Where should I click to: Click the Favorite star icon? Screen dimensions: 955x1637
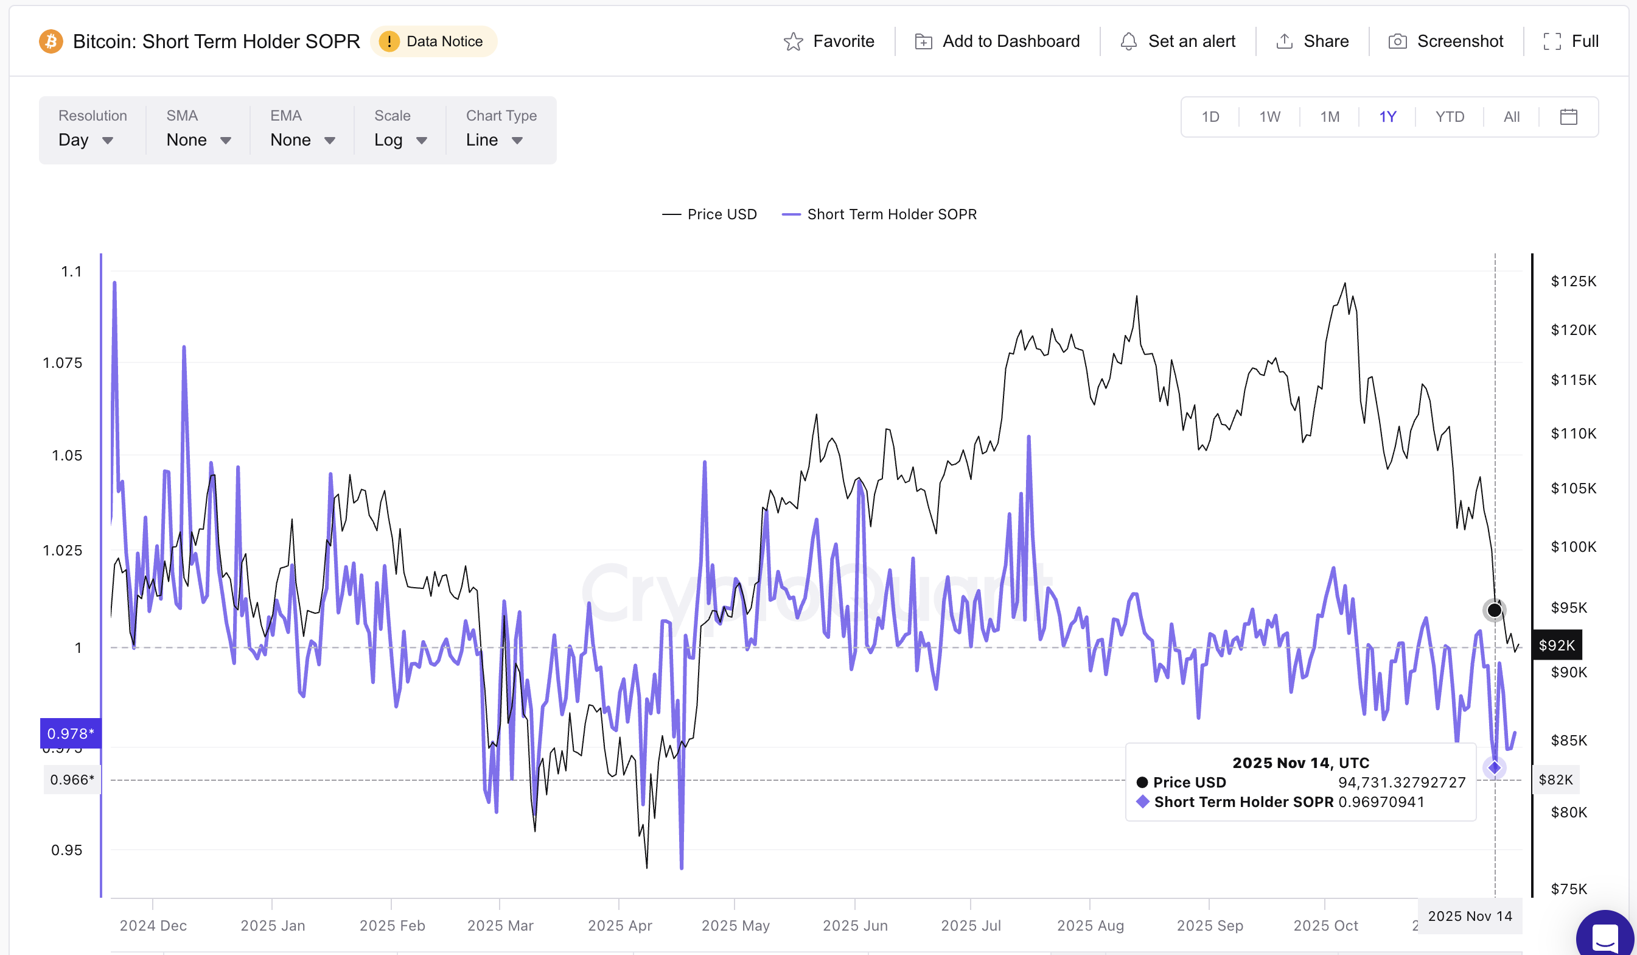793,41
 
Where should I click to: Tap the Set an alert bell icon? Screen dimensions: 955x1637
1128,41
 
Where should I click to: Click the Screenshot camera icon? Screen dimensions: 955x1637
1397,41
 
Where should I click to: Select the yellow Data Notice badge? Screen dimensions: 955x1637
433,41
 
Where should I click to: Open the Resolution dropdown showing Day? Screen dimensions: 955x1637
86,139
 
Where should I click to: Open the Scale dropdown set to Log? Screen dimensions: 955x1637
400,139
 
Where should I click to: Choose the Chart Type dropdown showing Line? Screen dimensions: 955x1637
494,139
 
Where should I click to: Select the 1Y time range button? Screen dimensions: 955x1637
1387,117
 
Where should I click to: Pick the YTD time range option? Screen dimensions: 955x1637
1450,117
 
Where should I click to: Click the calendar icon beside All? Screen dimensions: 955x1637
1568,117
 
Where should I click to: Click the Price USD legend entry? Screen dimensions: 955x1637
710,214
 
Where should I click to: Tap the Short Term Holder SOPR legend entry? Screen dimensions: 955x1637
879,214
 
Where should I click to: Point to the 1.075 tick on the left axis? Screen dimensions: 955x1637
63,363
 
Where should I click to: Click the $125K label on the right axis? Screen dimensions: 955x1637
1572,281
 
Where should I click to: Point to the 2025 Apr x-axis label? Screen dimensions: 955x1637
620,925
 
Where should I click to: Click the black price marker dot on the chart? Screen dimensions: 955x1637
1494,610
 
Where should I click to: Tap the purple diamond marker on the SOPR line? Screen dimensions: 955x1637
1494,768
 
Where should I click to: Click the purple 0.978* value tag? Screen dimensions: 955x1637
71,733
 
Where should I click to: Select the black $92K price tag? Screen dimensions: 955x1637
1557,645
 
